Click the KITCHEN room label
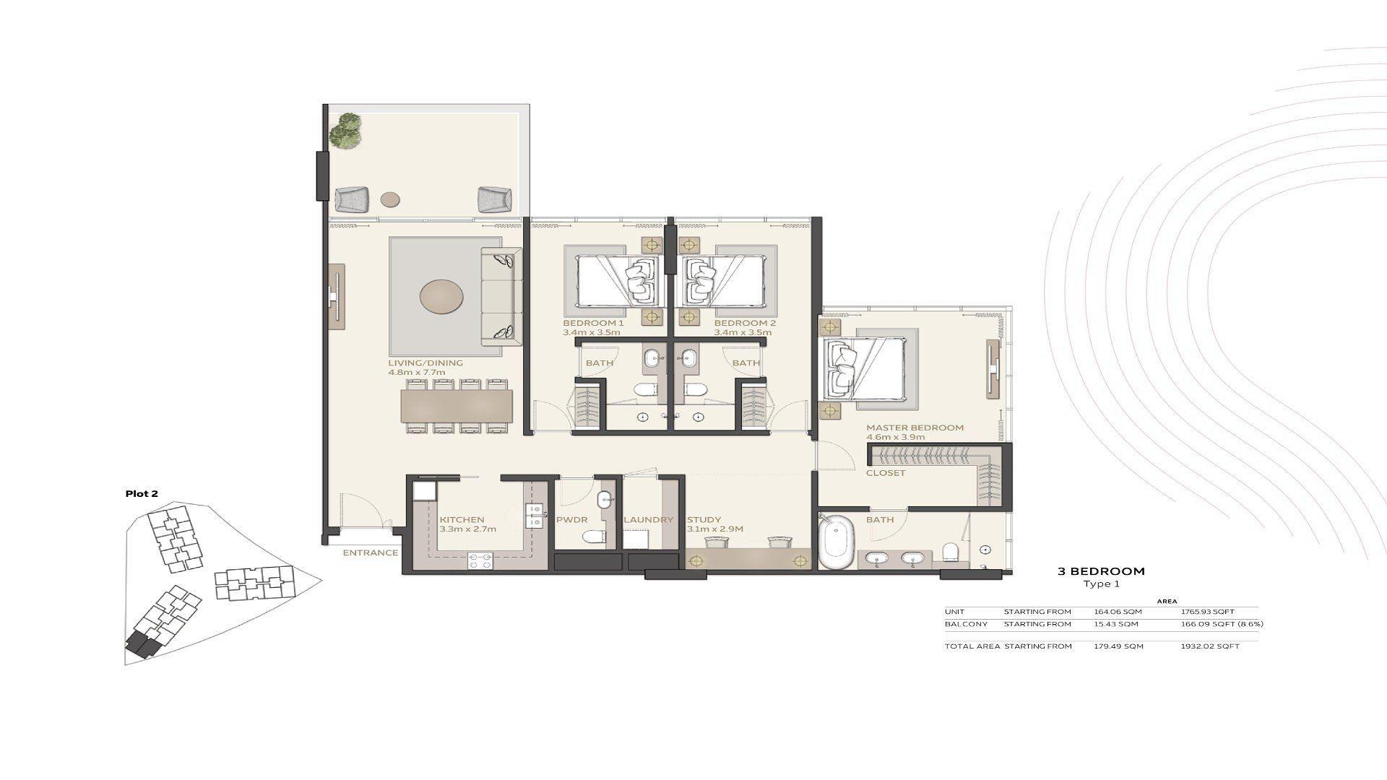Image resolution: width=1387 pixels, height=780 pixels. (x=462, y=519)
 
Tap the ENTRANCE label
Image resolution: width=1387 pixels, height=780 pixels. (x=370, y=553)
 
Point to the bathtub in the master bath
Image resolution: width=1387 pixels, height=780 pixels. (x=837, y=541)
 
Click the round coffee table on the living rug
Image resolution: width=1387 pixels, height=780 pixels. (x=441, y=297)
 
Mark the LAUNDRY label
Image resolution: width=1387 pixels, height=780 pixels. (x=648, y=519)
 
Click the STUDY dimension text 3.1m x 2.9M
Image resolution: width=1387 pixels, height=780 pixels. (x=714, y=529)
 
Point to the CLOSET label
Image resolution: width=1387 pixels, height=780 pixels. (x=886, y=473)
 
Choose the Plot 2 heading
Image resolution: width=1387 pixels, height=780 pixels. (x=142, y=494)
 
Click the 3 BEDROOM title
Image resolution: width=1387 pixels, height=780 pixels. (x=1101, y=571)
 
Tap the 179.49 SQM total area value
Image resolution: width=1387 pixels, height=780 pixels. (x=1118, y=646)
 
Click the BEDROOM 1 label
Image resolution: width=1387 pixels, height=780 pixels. (x=593, y=323)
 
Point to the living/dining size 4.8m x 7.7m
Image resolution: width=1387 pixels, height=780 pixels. (x=416, y=373)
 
